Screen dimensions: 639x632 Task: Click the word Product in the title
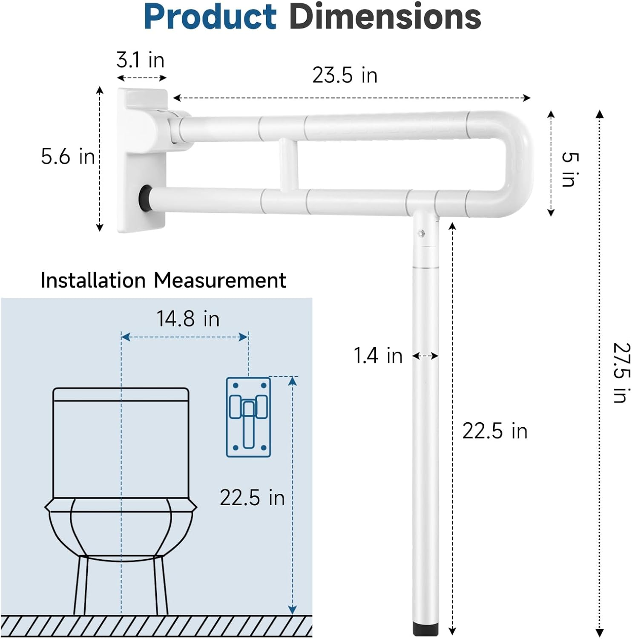(x=210, y=17)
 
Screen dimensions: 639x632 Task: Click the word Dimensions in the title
(x=385, y=17)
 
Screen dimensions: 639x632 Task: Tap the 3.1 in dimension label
(x=141, y=60)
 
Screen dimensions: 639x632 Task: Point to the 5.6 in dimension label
(x=68, y=156)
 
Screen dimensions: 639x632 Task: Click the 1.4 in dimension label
(x=378, y=356)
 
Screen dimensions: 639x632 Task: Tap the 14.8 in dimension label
(x=188, y=319)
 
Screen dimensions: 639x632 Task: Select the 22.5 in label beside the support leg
(x=495, y=431)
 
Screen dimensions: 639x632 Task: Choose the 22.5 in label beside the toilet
(x=252, y=498)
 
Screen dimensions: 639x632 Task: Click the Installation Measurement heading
(x=163, y=280)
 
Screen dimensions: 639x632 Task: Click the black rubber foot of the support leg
(x=425, y=629)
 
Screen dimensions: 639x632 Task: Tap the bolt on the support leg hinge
(x=421, y=233)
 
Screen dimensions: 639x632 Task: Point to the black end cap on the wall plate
(x=145, y=196)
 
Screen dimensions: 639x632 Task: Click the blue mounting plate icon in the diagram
(x=248, y=417)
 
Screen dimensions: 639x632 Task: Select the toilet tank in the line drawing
(x=121, y=443)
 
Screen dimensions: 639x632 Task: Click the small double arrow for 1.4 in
(x=425, y=356)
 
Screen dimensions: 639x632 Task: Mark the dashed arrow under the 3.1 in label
(x=141, y=78)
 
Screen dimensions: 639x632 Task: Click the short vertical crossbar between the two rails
(x=288, y=164)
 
